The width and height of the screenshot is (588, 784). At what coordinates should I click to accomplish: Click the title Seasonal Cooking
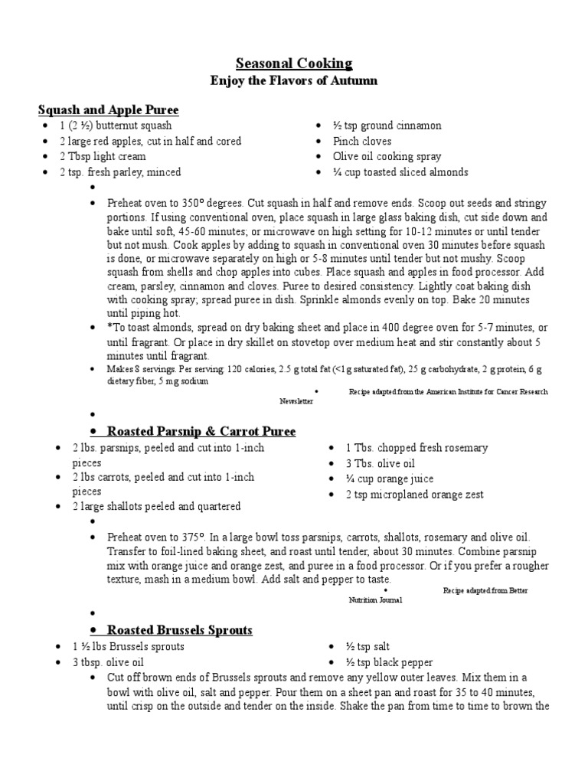pyautogui.click(x=294, y=63)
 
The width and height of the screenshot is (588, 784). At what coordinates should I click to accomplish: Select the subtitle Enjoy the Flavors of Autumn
pyautogui.click(x=294, y=80)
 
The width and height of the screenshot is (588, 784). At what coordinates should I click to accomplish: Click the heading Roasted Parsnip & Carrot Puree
pyautogui.click(x=201, y=431)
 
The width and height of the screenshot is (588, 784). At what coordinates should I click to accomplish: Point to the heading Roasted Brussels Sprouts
pyautogui.click(x=179, y=630)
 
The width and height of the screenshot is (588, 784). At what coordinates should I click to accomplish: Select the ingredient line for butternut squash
pyautogui.click(x=116, y=126)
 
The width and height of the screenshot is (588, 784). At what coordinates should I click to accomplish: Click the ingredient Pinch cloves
pyautogui.click(x=361, y=141)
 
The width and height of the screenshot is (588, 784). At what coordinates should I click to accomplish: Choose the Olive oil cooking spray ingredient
pyautogui.click(x=387, y=156)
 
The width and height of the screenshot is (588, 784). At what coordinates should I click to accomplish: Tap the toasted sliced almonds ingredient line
pyautogui.click(x=400, y=172)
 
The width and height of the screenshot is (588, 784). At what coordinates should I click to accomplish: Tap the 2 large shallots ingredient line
pyautogui.click(x=156, y=506)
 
